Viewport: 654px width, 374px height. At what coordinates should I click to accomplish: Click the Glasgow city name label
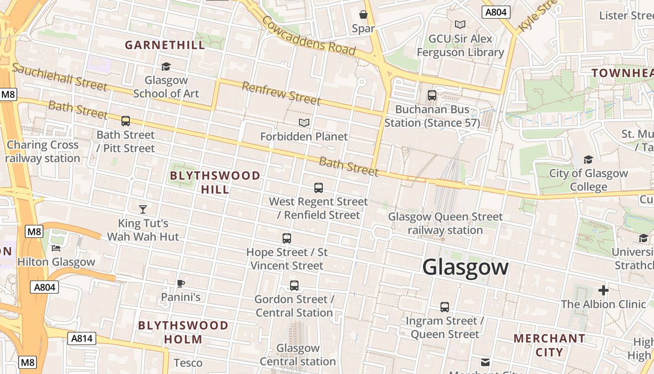point(465,267)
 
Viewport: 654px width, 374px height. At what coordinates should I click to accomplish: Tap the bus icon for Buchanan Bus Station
point(432,95)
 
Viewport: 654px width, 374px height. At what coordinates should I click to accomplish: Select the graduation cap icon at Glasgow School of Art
point(166,66)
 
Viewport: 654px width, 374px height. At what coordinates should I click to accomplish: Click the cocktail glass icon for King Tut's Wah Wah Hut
point(143,209)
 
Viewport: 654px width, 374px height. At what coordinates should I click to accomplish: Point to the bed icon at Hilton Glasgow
point(57,248)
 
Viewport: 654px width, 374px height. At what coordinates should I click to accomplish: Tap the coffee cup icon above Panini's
point(181,283)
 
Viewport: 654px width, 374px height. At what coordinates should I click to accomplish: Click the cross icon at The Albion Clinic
point(604,290)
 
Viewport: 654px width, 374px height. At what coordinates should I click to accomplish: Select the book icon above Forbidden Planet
point(304,122)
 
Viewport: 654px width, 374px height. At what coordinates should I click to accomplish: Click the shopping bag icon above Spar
point(363,14)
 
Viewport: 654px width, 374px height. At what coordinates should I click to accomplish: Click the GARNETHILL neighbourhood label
point(165,45)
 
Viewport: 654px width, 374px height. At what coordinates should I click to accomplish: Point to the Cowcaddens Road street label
point(308,35)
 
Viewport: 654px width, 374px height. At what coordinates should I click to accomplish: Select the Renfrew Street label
point(281,93)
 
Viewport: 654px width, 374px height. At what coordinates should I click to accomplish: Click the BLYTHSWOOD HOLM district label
point(183,332)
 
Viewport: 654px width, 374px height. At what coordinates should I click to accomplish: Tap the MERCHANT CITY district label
point(549,345)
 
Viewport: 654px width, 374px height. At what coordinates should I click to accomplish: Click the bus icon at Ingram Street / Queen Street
point(445,307)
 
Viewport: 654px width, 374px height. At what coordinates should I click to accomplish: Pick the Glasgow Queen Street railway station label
point(445,223)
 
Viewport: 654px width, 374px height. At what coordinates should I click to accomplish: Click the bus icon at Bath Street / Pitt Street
point(126,121)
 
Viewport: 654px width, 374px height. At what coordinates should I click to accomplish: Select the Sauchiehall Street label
point(59,77)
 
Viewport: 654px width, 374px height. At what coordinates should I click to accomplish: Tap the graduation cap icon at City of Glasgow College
point(588,160)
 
